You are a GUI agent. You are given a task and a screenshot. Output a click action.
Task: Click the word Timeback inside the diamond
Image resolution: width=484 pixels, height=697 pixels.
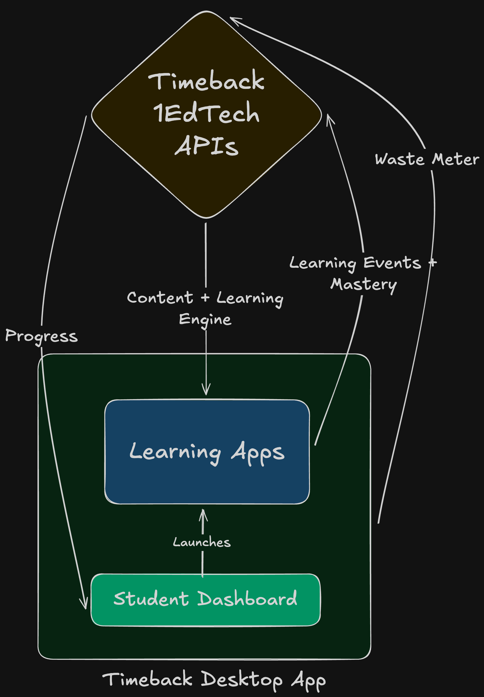pos(206,81)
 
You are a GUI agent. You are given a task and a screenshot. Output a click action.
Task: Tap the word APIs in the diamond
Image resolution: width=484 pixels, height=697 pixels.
pos(207,146)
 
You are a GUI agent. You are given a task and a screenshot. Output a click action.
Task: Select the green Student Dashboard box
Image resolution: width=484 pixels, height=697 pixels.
pos(205,615)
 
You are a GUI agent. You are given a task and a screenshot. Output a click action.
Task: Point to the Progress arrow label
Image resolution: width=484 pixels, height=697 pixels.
pos(41,336)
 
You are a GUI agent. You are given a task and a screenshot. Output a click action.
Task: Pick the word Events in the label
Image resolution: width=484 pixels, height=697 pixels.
pos(392,263)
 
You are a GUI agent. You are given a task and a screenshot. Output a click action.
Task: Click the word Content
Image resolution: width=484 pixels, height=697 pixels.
pos(160,298)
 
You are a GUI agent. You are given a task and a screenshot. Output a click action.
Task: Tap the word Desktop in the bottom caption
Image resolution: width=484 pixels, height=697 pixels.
pos(241,679)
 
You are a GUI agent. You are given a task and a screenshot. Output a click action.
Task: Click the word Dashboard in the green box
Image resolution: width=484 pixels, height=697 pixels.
pos(247,598)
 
